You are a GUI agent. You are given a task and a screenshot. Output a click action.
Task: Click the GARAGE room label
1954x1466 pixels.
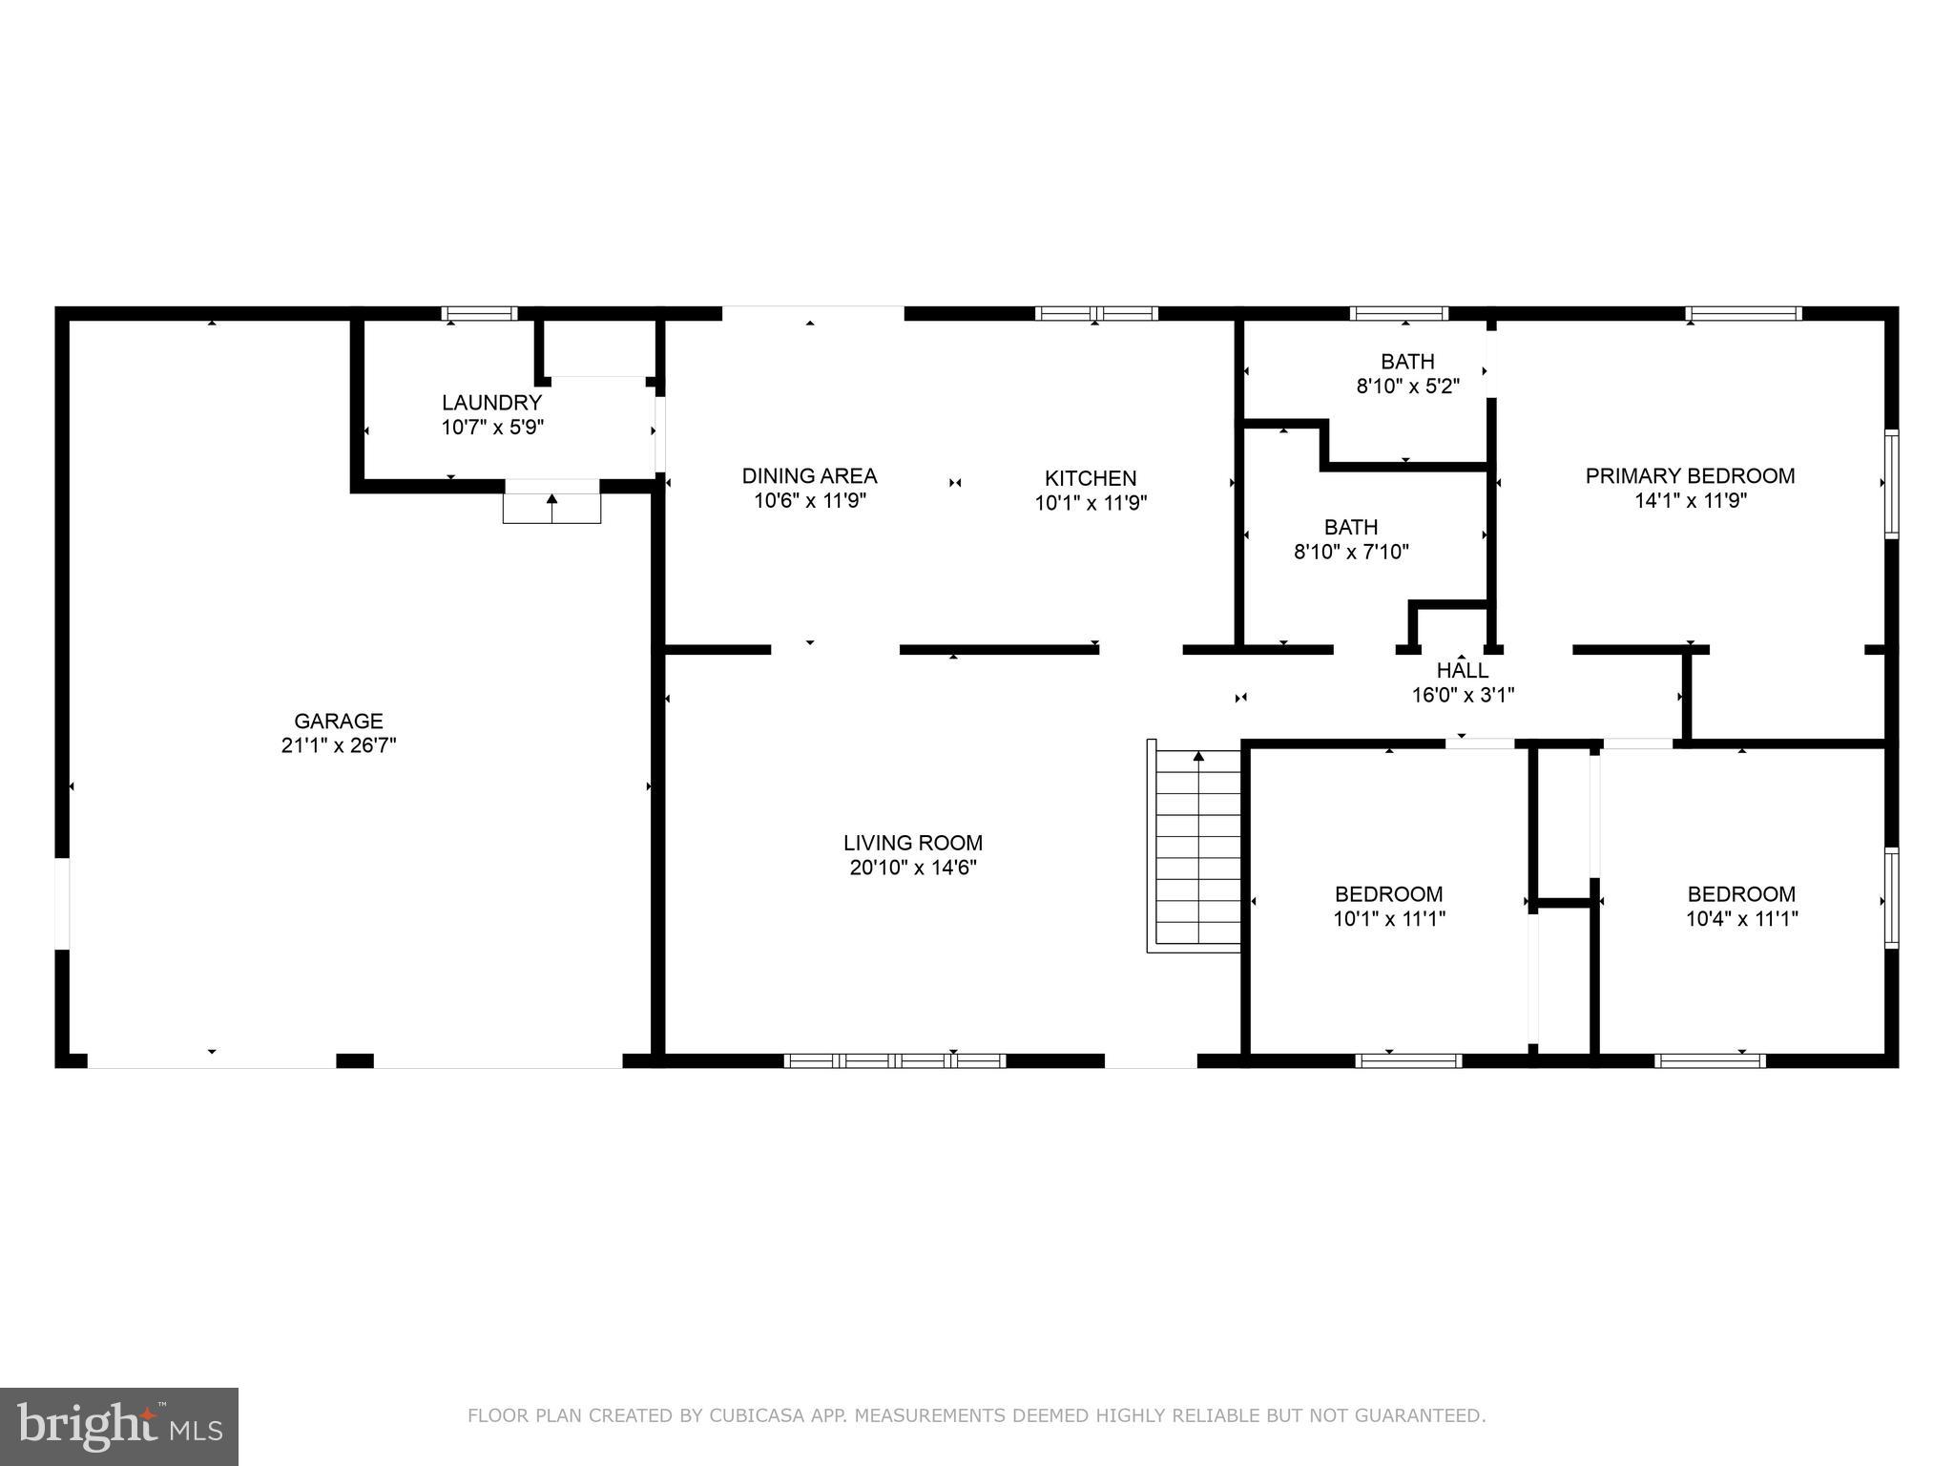[x=338, y=722]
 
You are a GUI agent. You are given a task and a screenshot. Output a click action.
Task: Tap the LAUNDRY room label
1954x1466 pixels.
[x=491, y=403]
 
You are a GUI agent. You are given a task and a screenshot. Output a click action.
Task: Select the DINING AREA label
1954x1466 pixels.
[x=809, y=475]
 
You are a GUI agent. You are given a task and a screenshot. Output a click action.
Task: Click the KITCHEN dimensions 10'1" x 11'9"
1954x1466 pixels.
[x=1091, y=503]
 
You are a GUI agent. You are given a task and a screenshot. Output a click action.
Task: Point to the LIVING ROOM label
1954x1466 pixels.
[x=912, y=843]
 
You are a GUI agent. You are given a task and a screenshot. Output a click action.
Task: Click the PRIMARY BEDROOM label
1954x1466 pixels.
[x=1690, y=475]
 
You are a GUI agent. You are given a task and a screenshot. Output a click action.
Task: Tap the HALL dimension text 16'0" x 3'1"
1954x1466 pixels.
[x=1463, y=695]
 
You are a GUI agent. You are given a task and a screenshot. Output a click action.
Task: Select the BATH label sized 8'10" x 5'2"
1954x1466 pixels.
[x=1407, y=362]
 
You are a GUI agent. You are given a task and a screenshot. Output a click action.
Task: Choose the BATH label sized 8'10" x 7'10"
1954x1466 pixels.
[x=1350, y=527]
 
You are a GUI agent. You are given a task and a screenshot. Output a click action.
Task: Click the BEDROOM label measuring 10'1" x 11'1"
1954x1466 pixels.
[x=1388, y=894]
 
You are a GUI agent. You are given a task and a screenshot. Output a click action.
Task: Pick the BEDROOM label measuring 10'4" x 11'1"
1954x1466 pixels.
[x=1741, y=894]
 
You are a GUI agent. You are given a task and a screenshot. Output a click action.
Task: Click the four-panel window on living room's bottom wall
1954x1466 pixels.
[x=894, y=1060]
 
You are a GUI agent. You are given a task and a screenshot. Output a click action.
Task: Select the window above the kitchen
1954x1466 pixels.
[x=1096, y=313]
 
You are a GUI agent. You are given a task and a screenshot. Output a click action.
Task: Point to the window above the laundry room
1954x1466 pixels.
[x=479, y=313]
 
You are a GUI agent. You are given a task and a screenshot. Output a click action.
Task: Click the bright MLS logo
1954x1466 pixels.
[x=119, y=1427]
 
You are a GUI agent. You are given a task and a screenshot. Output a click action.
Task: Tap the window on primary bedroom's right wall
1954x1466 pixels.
[x=1890, y=484]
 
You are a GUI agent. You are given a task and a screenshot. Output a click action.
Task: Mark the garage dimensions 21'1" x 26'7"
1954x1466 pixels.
[x=338, y=745]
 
